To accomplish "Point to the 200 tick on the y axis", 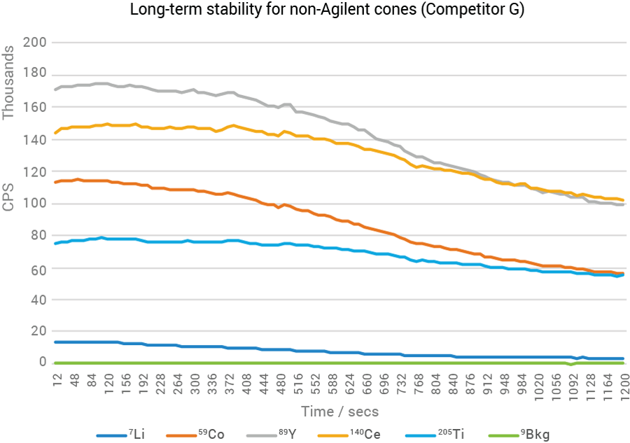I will [x=34, y=43].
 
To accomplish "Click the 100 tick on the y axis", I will [x=34, y=204].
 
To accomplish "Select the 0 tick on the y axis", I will [x=41, y=363].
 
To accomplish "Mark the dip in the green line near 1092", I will [x=572, y=365].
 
